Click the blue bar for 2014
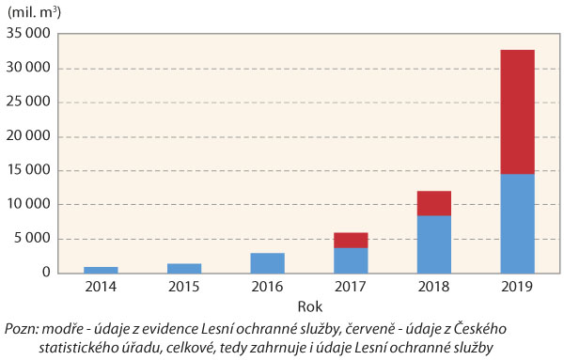[101, 269]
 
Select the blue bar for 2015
[184, 268]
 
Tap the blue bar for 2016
[267, 262]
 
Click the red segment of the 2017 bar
[351, 240]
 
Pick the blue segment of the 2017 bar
[351, 259]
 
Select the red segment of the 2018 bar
[434, 203]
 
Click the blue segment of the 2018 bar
[434, 243]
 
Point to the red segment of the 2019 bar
[517, 112]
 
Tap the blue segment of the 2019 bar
[517, 223]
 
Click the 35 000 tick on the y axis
[30, 35]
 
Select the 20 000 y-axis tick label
[30, 137]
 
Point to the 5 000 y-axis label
[34, 239]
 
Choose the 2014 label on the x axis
[101, 286]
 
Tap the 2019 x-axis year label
[517, 286]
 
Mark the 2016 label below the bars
[267, 286]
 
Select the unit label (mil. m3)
[37, 12]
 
